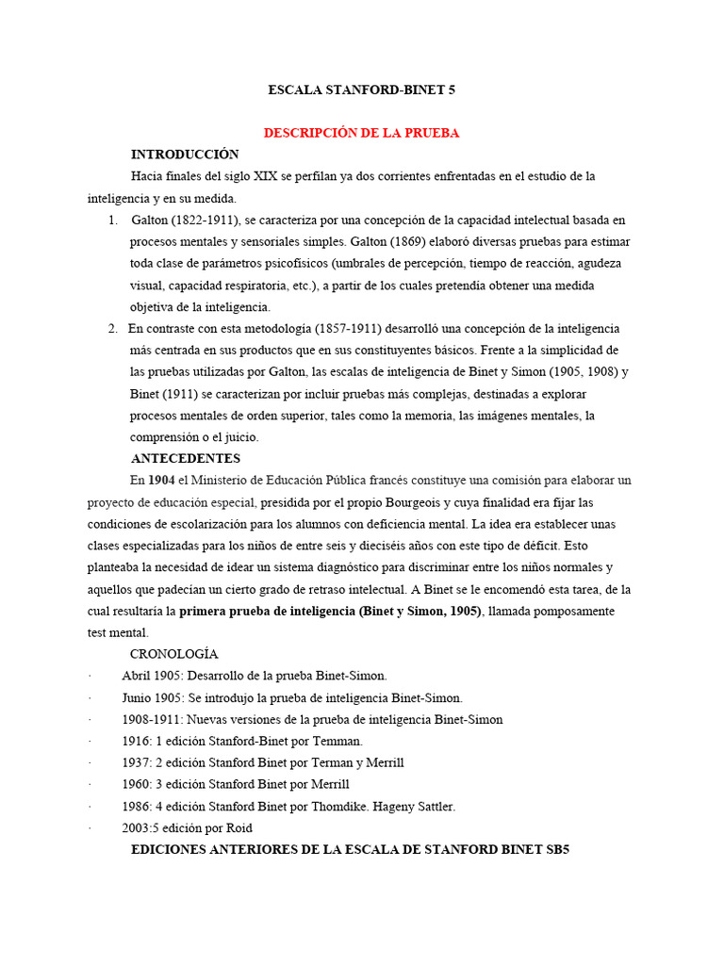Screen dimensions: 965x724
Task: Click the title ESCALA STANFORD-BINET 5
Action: tap(362, 90)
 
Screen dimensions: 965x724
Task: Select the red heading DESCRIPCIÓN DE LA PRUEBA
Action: tap(361, 133)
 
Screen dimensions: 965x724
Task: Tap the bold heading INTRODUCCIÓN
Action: tap(185, 155)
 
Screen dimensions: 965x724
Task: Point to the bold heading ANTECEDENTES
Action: tap(186, 459)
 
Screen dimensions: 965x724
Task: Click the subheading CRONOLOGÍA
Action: tap(173, 654)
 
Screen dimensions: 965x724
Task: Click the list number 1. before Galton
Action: tap(112, 220)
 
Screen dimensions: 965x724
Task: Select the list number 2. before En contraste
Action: tap(112, 328)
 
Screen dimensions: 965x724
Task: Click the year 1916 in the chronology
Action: tap(136, 741)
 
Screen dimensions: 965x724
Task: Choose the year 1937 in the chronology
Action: tap(136, 762)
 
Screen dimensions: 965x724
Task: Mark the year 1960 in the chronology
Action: tap(136, 784)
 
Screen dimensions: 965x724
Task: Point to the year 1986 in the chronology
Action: tap(136, 806)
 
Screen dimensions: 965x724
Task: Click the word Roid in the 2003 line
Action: tap(239, 827)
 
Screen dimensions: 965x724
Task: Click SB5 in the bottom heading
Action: tap(554, 849)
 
